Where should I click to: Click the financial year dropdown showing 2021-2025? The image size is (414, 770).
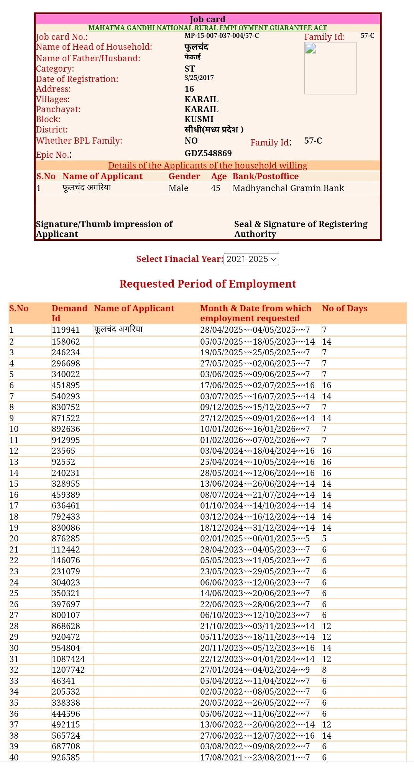point(251,259)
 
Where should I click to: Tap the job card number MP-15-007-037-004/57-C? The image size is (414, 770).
point(222,36)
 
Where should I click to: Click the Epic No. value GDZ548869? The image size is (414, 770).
point(208,153)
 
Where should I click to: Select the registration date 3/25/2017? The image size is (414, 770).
point(199,78)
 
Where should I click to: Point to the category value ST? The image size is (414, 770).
point(189,69)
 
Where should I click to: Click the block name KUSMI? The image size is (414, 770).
point(199,119)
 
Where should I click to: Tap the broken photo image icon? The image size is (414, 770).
point(310,48)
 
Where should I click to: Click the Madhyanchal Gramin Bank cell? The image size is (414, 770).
point(288,188)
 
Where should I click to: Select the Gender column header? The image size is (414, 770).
point(184,176)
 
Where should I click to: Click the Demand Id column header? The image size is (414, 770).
point(69,313)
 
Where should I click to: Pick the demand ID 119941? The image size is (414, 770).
point(66,330)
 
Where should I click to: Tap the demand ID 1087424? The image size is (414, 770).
point(68,659)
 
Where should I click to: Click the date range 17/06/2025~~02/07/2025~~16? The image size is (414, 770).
point(257,385)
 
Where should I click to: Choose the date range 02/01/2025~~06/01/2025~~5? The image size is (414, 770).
point(255,538)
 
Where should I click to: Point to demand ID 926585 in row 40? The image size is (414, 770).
point(66,757)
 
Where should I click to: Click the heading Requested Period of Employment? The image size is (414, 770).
point(207,284)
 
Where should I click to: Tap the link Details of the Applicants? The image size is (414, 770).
point(207,165)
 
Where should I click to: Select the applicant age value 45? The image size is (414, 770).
point(215,188)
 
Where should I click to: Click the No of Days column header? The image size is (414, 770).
point(344,308)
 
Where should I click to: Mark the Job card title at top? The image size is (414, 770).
point(207,19)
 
